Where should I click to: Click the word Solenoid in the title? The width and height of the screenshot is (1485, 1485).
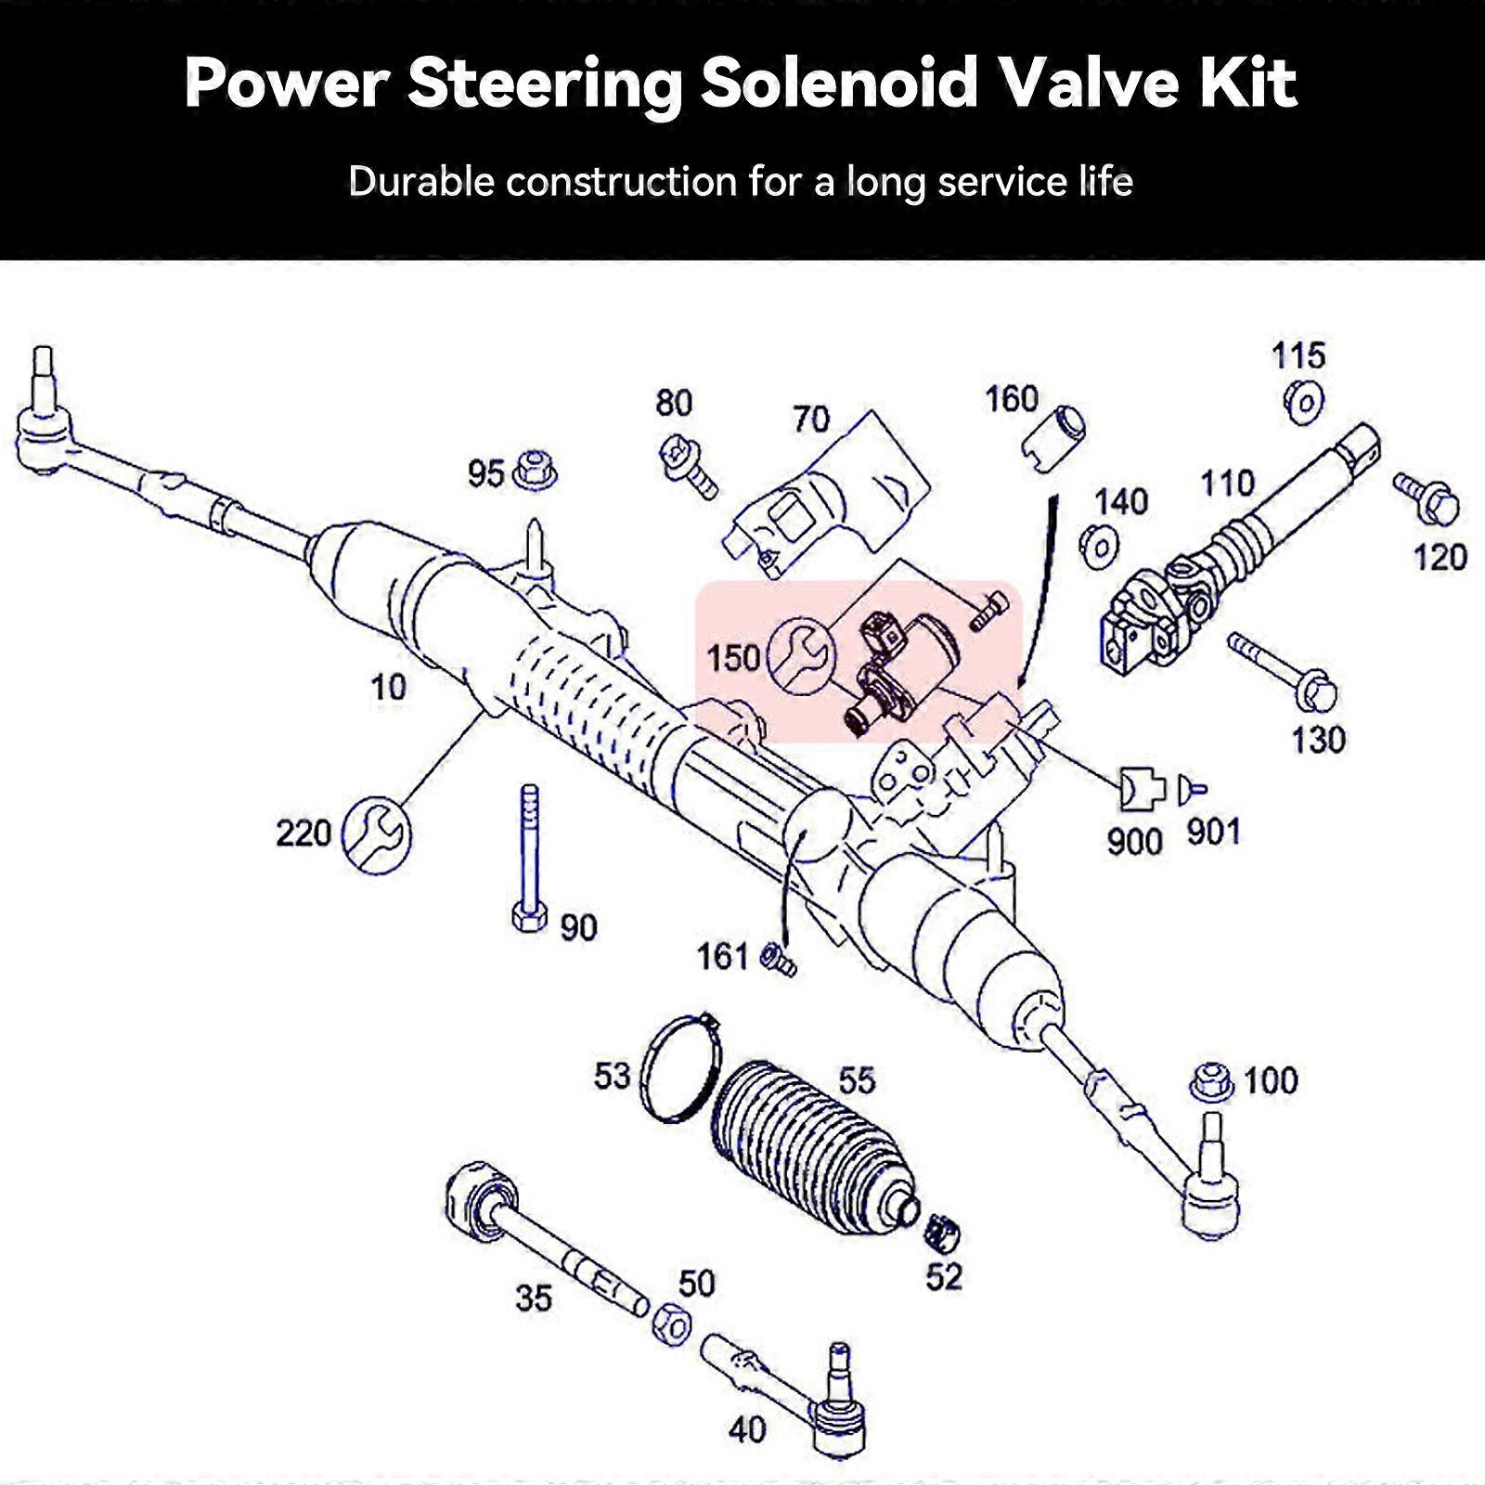[837, 84]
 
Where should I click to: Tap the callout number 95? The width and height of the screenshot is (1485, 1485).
[484, 474]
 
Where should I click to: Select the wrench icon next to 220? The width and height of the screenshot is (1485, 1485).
[376, 833]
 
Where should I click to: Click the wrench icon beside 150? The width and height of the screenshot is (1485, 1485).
[802, 655]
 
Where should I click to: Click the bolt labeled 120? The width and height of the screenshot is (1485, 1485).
[1427, 498]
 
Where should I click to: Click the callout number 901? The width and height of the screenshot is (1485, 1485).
[1213, 833]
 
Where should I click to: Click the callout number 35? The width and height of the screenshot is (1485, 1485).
[534, 1298]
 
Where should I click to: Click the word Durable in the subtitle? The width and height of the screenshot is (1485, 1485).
[421, 181]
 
